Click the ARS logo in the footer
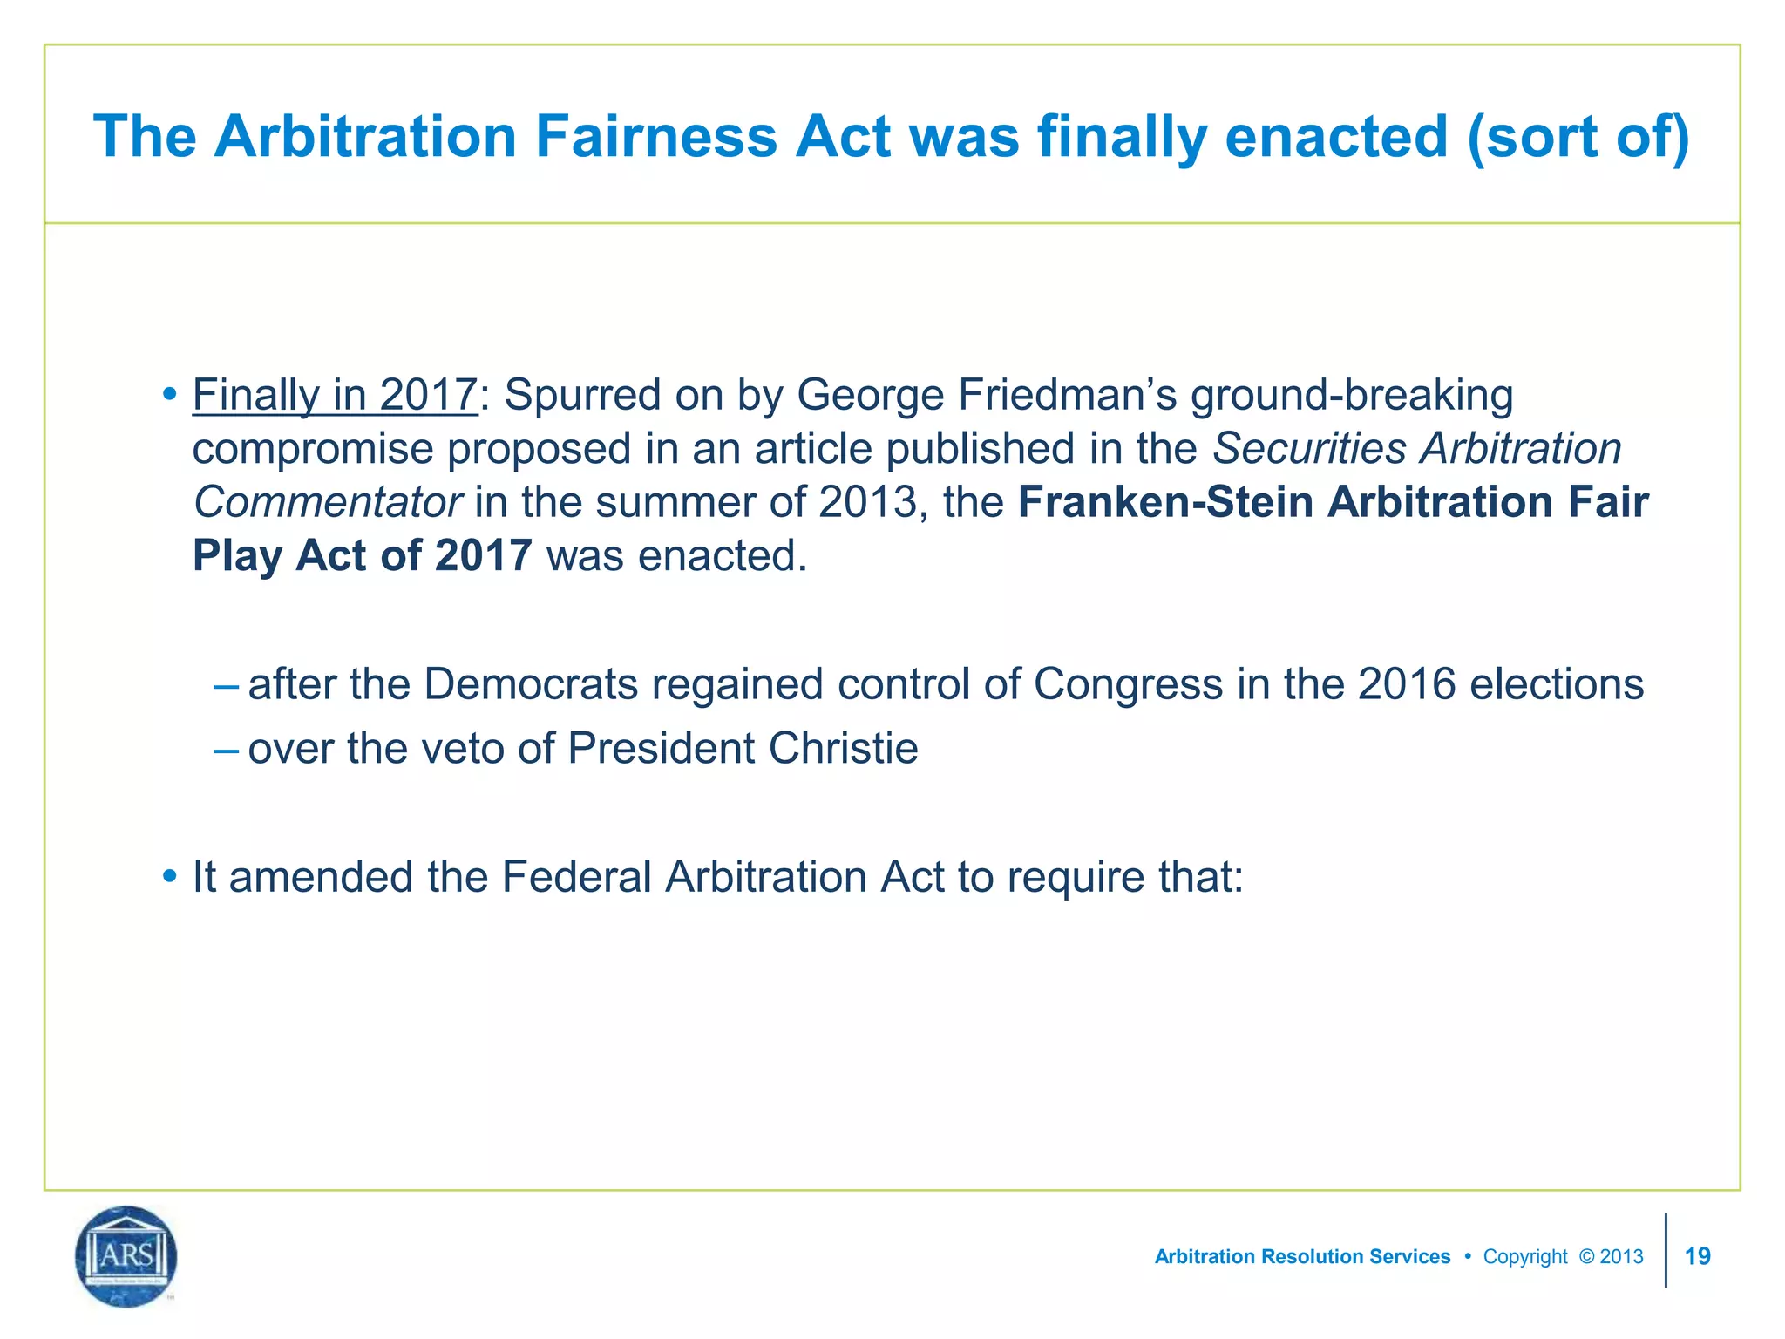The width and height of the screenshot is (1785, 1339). click(x=126, y=1256)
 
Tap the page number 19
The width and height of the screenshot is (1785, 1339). click(x=1698, y=1256)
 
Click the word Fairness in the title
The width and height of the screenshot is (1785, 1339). click(x=655, y=137)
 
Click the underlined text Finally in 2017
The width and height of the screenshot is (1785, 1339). click(x=335, y=395)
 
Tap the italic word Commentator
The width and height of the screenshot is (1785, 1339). click(x=327, y=503)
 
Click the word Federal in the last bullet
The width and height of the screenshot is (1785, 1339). click(x=576, y=877)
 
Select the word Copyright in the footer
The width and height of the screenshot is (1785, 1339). click(x=1525, y=1257)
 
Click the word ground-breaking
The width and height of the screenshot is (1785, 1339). click(x=1351, y=395)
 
